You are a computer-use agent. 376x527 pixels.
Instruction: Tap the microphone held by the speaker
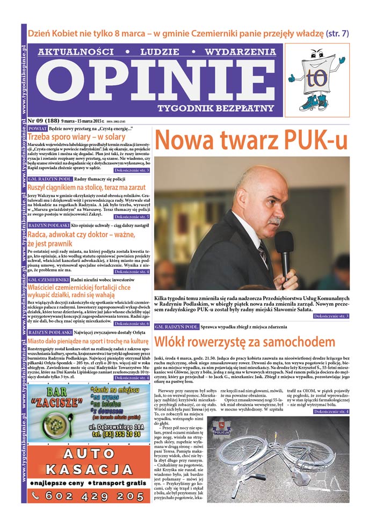[x=284, y=253]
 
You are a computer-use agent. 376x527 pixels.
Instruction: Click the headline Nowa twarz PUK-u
[x=251, y=140]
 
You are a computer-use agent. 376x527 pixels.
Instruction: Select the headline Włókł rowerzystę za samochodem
[x=245, y=342]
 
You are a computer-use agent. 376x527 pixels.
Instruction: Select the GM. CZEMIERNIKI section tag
[x=47, y=280]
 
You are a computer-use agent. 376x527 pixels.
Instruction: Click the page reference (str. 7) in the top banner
[x=338, y=33]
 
